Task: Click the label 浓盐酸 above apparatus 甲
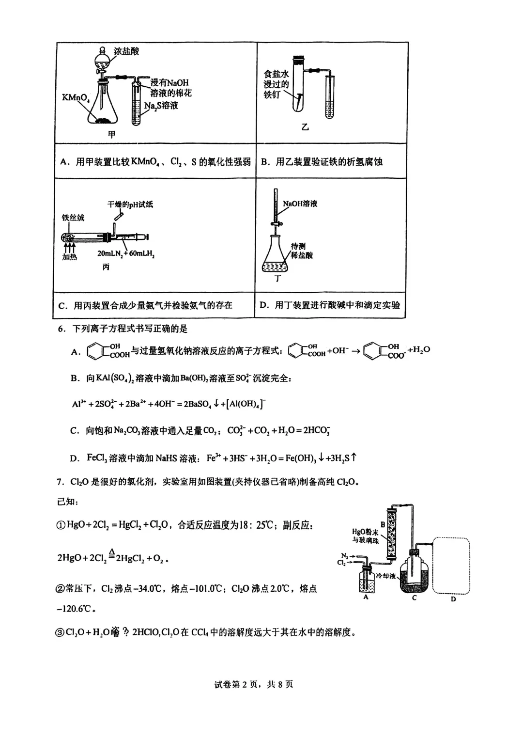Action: pos(126,51)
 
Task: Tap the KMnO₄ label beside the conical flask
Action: pos(76,98)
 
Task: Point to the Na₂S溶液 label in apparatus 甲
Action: pos(161,105)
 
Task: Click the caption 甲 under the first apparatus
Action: pos(112,134)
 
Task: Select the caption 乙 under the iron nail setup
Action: pos(305,127)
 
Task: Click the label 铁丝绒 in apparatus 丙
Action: pos(73,218)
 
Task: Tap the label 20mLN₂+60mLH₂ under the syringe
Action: pos(126,253)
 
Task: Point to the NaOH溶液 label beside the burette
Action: pos(300,204)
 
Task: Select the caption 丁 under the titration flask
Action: pos(277,279)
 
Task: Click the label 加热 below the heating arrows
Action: pos(69,257)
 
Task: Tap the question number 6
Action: pos(61,329)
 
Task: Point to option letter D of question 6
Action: pos(74,458)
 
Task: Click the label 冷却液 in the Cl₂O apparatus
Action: pos(385,576)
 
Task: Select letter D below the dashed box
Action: pos(453,599)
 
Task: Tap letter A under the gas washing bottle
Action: pos(366,597)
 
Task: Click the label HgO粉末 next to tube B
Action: pos(365,532)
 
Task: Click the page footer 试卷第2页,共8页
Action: pos(253,684)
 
